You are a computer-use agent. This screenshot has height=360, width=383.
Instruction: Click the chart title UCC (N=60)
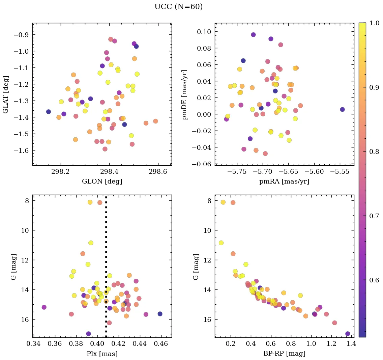[178, 7]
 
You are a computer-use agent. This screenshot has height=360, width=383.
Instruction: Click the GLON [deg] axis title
[102, 182]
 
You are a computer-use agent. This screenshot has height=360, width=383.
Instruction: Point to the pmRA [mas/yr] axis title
[284, 182]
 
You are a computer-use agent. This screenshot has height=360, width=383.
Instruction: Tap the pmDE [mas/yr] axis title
[185, 95]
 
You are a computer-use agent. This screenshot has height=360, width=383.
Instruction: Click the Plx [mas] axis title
[102, 354]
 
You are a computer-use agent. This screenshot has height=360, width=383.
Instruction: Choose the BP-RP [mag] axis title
[284, 354]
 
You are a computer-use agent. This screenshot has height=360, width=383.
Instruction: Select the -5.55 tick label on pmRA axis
[342, 171]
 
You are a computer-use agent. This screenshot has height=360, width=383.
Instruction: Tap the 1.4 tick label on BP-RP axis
[351, 344]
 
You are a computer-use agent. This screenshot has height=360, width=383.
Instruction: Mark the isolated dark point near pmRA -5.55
[342, 110]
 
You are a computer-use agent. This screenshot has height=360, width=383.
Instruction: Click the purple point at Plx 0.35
[44, 307]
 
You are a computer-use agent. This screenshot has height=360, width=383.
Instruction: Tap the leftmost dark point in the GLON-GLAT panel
[49, 112]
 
